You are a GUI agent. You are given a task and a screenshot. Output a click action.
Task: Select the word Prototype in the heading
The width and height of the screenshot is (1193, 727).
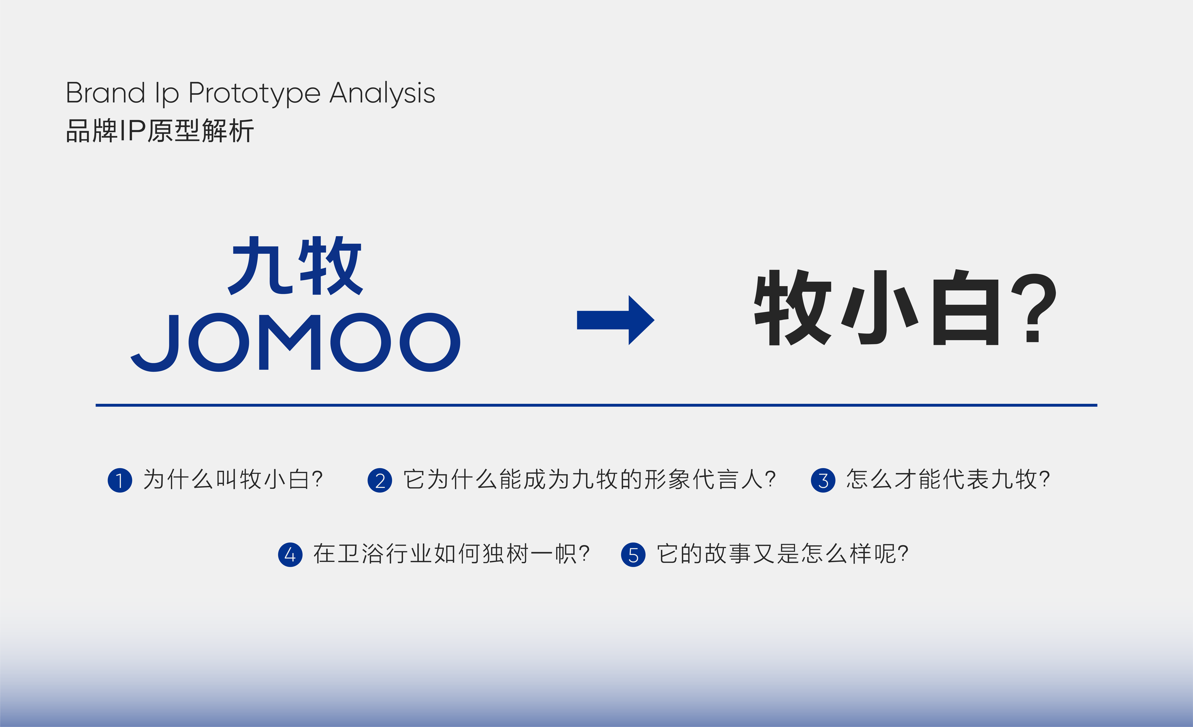click(x=254, y=94)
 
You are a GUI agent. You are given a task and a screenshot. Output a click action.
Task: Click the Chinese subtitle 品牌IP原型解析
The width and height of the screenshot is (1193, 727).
click(x=160, y=131)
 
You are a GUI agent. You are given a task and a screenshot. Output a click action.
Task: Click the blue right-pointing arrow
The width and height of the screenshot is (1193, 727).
click(x=615, y=320)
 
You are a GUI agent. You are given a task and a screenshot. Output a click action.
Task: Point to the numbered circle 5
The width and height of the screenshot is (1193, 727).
click(x=633, y=555)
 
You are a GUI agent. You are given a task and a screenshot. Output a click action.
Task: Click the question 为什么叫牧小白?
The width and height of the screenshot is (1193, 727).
click(x=233, y=480)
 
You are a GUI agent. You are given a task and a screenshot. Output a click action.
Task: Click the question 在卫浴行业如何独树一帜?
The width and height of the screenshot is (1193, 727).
click(x=451, y=554)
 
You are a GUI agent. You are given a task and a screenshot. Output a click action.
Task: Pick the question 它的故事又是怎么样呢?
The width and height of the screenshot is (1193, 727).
click(x=782, y=554)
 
